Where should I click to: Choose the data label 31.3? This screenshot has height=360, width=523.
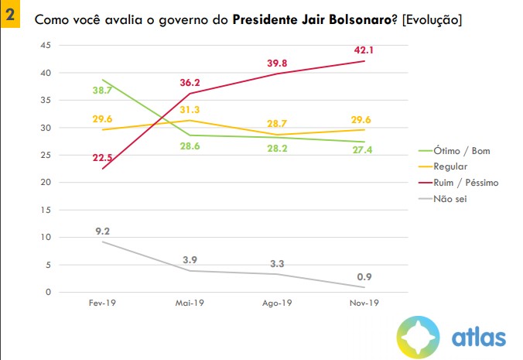click(190, 110)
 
